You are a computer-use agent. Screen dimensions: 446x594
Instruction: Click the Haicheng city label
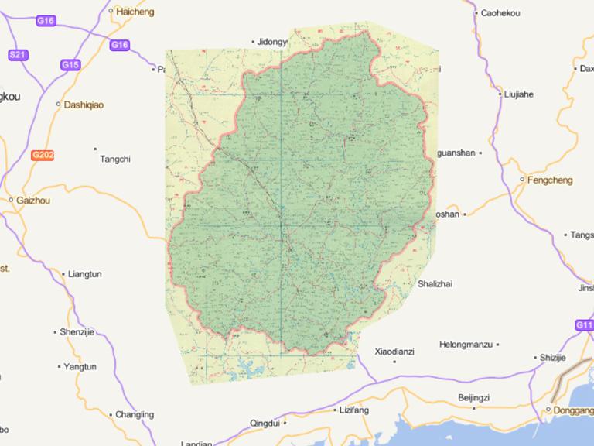tap(135, 12)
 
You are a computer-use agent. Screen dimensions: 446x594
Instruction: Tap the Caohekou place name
tap(500, 13)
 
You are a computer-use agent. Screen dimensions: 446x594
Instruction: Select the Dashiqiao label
tap(84, 104)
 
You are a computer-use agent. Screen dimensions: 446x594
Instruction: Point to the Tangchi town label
tap(115, 160)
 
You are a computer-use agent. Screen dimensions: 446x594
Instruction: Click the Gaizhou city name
tap(33, 200)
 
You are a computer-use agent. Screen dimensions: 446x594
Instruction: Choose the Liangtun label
tap(84, 274)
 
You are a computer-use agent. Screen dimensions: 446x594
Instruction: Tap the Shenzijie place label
tap(77, 332)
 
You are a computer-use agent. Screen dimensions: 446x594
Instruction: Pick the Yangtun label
tap(80, 367)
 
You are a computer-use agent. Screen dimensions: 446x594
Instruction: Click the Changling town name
tap(134, 415)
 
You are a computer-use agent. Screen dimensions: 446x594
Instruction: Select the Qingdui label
tap(265, 423)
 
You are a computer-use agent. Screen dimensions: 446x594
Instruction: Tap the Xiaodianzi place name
tap(394, 352)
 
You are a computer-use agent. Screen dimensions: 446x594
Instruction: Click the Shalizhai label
tap(435, 284)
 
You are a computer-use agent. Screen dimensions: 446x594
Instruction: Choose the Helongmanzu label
tap(466, 344)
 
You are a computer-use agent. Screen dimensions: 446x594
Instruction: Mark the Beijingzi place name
tap(473, 397)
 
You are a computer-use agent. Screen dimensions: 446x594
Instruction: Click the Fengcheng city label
tap(550, 180)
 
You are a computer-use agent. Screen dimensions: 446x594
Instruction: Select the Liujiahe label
tap(518, 94)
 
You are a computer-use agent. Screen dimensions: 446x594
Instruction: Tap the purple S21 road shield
tap(18, 54)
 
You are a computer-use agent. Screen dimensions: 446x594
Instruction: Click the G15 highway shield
tap(70, 65)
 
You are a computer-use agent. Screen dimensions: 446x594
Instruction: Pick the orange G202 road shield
tap(43, 156)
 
